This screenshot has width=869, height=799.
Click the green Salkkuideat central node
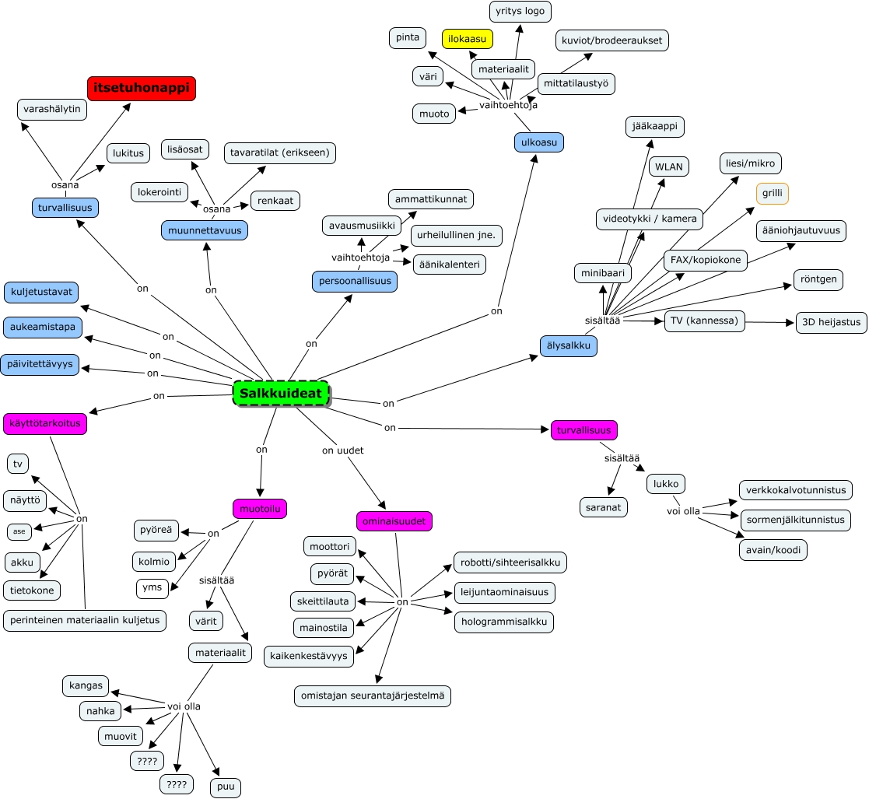pos(281,394)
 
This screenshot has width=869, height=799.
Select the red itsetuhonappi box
pos(141,89)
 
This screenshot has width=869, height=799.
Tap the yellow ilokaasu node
pos(468,38)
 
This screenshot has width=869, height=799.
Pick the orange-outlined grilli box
pos(773,194)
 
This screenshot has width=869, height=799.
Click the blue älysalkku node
pos(569,345)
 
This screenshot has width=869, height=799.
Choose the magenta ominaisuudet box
pos(394,521)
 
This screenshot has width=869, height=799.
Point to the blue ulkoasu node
pos(538,142)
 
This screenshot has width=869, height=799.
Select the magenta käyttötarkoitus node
pos(45,425)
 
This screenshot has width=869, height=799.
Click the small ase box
pos(19,531)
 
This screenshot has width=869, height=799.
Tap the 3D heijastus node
pos(831,323)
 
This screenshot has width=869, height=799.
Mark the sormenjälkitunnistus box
pos(795,520)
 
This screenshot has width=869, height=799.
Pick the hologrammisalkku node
pos(504,622)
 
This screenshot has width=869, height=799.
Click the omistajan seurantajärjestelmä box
pos(373,696)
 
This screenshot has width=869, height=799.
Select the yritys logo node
pos(520,12)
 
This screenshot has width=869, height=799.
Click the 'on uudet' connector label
pos(343,450)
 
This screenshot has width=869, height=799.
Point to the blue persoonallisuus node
pos(355,281)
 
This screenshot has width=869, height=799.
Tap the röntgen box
pos(818,279)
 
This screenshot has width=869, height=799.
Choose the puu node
pos(226,787)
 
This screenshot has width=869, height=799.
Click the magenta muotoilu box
pos(260,509)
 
